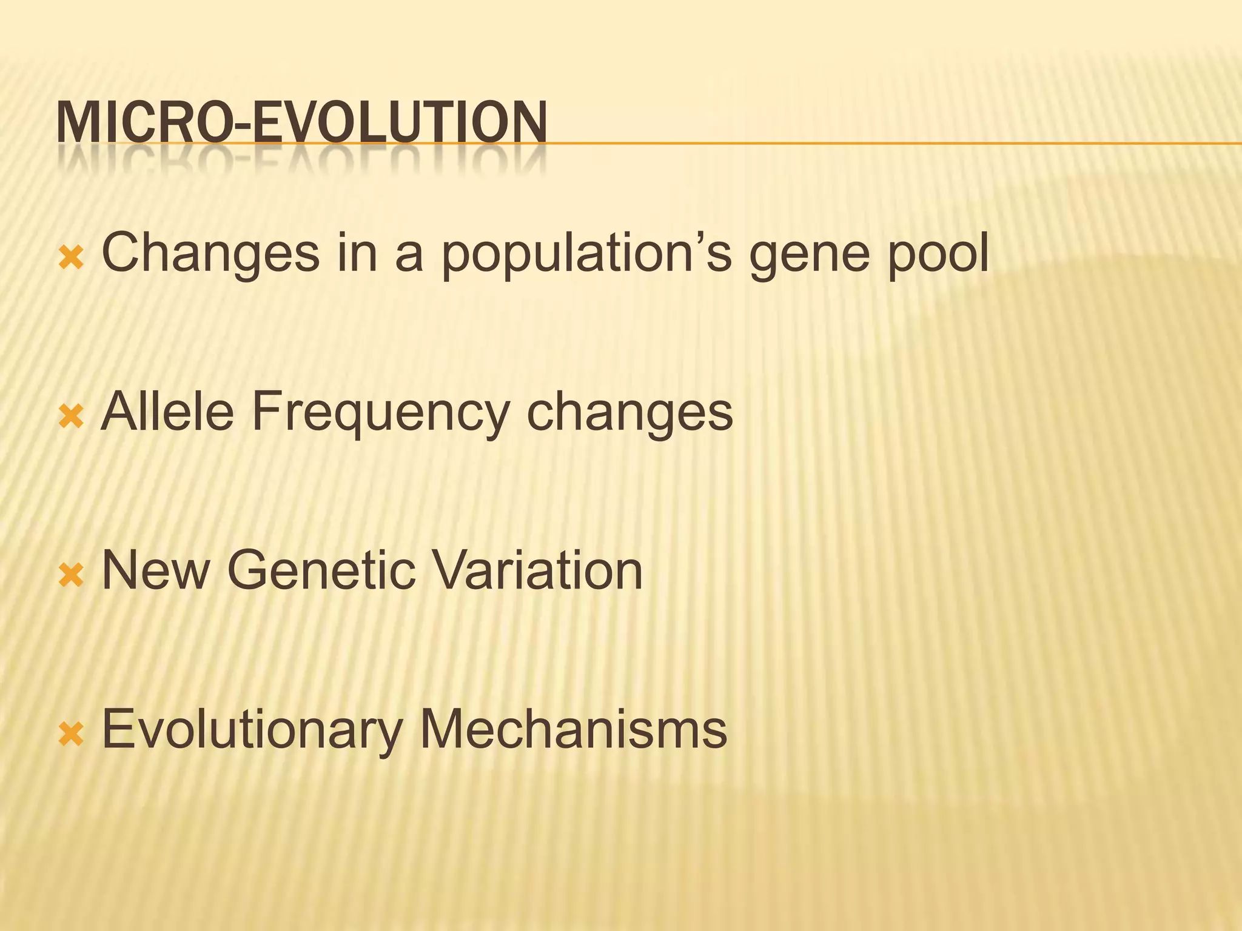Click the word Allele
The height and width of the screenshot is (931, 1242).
coord(167,412)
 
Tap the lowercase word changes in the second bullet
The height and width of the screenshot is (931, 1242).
coord(629,415)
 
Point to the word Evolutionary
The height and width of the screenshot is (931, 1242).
coord(252,730)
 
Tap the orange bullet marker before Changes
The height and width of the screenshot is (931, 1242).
coord(71,259)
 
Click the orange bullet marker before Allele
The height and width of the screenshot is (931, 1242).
coord(71,417)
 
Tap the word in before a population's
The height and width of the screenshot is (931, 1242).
coord(357,253)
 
